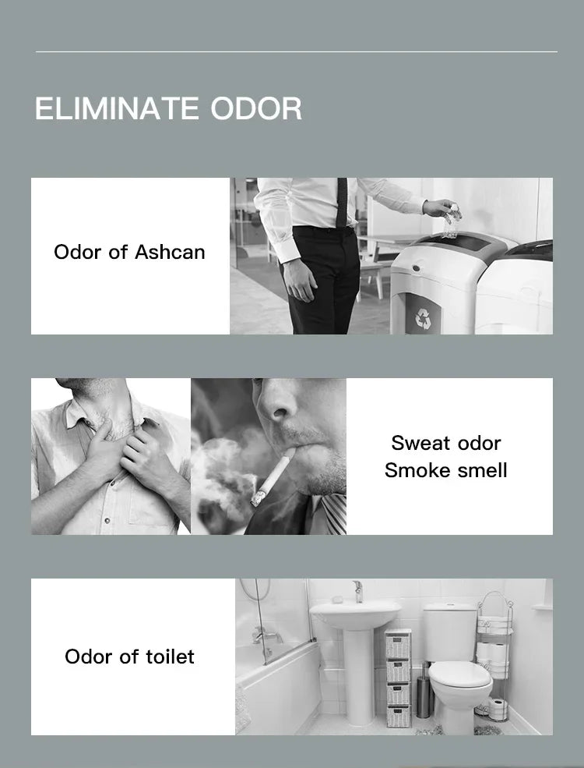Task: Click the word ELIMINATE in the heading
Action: click(x=116, y=108)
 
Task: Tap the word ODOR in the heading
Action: click(x=256, y=108)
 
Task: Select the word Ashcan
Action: click(x=170, y=253)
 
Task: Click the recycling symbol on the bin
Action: click(x=423, y=318)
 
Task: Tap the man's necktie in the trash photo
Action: click(x=341, y=202)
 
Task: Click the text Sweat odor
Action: click(x=446, y=444)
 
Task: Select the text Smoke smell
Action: click(x=446, y=471)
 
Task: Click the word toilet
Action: click(x=169, y=657)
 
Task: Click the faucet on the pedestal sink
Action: click(x=358, y=591)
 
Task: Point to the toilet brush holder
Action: click(x=424, y=693)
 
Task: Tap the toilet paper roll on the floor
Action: click(x=498, y=710)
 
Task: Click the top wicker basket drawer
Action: click(x=398, y=644)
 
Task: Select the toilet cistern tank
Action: click(x=450, y=632)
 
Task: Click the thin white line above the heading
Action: click(x=297, y=51)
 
